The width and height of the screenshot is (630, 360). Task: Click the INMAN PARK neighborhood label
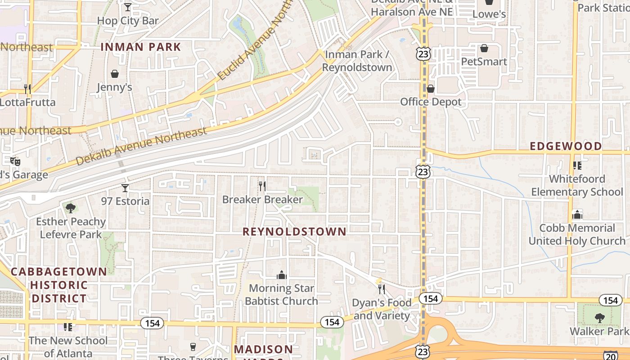tap(140, 47)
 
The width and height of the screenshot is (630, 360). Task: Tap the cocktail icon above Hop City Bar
tap(128, 7)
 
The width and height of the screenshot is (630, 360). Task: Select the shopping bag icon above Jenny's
tap(115, 73)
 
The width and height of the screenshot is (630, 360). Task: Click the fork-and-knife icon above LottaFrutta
tap(27, 89)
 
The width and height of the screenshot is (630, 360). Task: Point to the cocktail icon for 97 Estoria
tap(125, 188)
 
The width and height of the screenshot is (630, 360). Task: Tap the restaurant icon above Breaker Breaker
tap(262, 186)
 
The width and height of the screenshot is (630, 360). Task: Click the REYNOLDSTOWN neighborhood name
tap(295, 232)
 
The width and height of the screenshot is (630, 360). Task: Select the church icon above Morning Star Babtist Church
tap(282, 274)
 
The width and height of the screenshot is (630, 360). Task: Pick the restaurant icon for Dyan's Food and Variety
tap(382, 289)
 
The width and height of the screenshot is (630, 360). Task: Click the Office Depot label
tap(431, 102)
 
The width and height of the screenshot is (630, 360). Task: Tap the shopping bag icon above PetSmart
tap(484, 48)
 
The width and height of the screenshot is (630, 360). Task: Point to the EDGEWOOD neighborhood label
tap(566, 146)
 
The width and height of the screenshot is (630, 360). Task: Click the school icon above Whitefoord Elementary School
tap(577, 166)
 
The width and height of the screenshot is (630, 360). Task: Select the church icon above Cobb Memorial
tap(577, 215)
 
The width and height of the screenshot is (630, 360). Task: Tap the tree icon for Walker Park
tap(599, 318)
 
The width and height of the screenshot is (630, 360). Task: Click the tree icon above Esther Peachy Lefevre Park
tap(70, 207)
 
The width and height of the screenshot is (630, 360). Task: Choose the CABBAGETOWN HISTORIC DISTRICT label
tap(58, 285)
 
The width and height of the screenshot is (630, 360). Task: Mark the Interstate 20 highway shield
tap(610, 355)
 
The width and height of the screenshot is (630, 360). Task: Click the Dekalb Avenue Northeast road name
tap(141, 145)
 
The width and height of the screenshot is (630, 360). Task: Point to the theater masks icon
tap(15, 161)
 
